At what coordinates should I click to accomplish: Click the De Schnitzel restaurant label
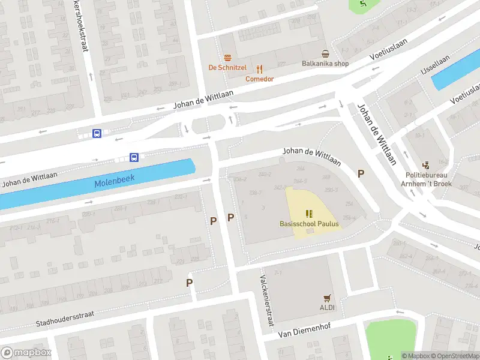227,67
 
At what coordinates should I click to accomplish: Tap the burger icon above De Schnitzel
227,58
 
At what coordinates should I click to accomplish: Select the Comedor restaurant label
260,79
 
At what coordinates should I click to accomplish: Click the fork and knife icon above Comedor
260,69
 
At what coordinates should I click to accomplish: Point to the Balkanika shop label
325,64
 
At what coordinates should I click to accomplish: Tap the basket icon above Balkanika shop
325,54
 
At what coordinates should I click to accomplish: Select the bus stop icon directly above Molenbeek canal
134,158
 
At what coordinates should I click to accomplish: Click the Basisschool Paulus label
309,224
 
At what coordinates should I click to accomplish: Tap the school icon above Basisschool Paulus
309,214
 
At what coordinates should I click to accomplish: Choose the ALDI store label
327,307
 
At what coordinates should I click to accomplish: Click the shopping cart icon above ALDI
327,298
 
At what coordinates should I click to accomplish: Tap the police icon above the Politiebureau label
427,165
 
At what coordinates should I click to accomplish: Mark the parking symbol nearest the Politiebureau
361,174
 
